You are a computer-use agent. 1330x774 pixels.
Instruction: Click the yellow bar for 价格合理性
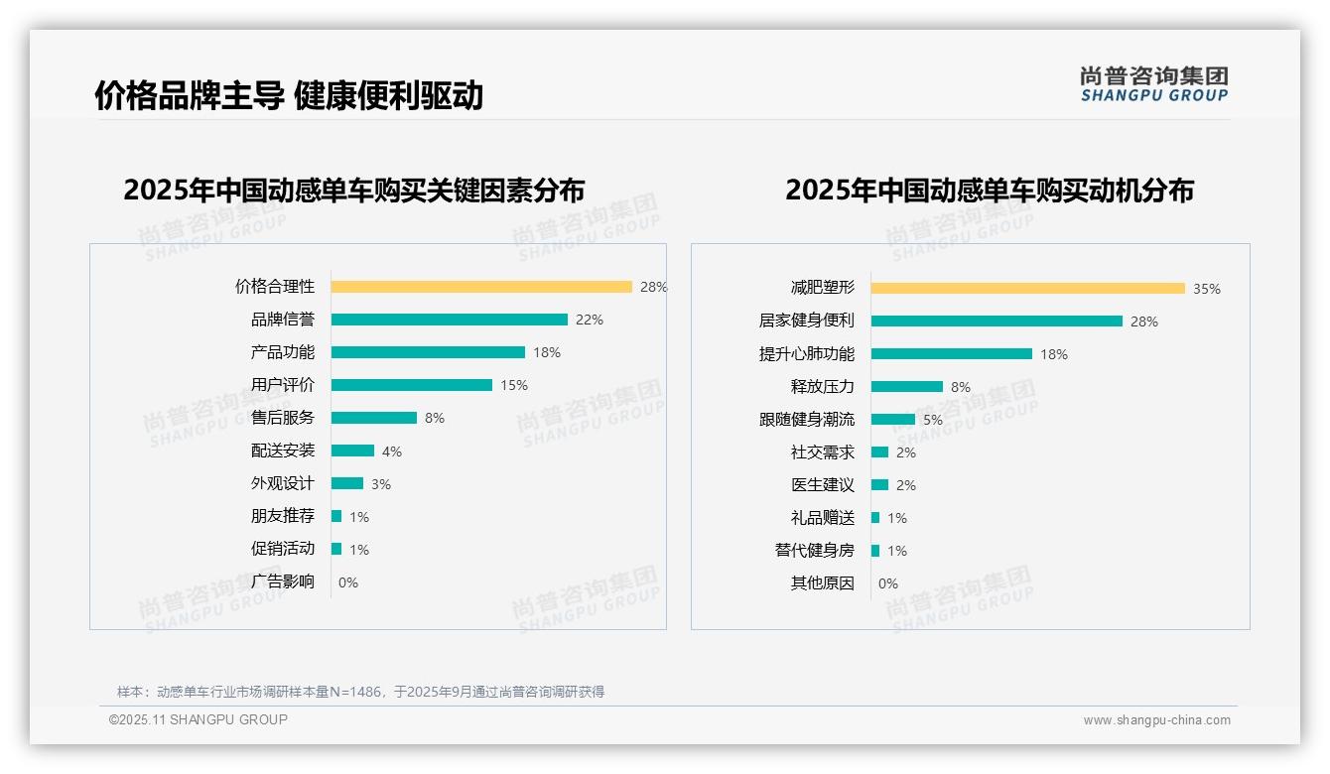(x=481, y=287)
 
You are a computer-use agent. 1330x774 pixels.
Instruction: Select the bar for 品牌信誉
(x=449, y=320)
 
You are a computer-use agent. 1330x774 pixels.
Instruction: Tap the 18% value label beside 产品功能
(x=547, y=352)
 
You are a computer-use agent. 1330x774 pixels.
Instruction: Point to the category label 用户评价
(x=282, y=385)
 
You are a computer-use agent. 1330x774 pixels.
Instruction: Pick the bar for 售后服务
(x=373, y=418)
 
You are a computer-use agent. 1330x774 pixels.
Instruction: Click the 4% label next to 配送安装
(x=392, y=451)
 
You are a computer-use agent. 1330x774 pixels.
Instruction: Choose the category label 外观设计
(x=282, y=483)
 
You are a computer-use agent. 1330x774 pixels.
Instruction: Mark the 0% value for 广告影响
(x=348, y=582)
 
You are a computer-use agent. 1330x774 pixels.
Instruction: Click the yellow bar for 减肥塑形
(x=1027, y=288)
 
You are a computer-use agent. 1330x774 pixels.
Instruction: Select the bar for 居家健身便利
(x=997, y=321)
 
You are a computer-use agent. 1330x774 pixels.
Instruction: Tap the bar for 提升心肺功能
(x=951, y=353)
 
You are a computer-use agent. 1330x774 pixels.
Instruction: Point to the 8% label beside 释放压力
(x=961, y=387)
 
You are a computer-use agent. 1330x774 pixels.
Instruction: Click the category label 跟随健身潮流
(x=806, y=420)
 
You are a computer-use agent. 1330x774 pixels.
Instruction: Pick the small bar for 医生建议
(x=879, y=485)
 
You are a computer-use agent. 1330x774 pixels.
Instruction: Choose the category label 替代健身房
(x=814, y=550)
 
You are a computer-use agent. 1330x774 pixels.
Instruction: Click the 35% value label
(x=1207, y=289)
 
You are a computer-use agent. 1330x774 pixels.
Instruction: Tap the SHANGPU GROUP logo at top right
(x=1154, y=84)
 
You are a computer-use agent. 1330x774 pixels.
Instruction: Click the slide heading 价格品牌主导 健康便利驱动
(x=289, y=95)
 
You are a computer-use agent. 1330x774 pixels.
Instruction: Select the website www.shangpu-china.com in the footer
(x=1156, y=720)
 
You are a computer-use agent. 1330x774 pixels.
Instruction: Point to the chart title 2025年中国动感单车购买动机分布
(x=989, y=190)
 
